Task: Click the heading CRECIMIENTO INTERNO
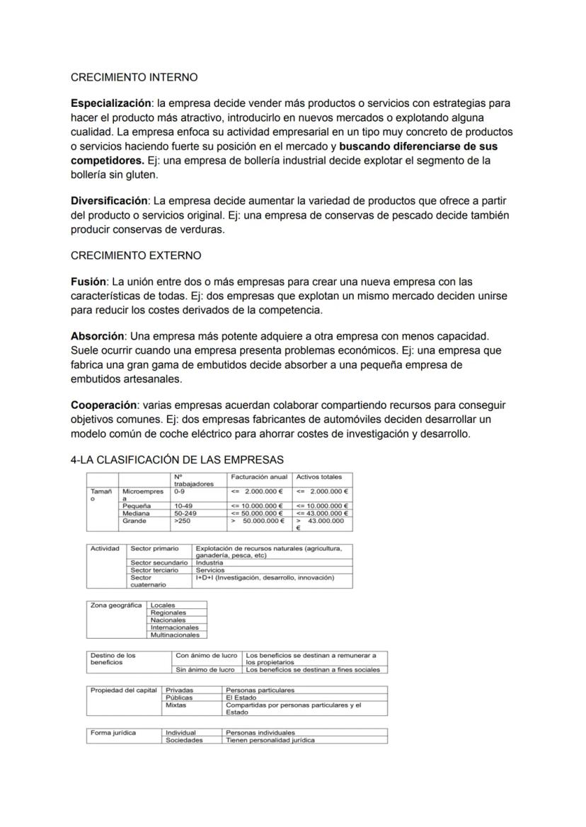(x=134, y=76)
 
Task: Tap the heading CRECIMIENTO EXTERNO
(x=136, y=255)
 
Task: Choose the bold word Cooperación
(x=103, y=405)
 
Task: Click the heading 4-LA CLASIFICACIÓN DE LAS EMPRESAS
(x=177, y=460)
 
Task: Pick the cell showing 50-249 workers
(x=185, y=513)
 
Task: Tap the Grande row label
(x=134, y=521)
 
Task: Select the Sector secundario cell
(x=159, y=562)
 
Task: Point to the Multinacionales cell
(x=175, y=635)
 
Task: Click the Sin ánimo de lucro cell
(x=205, y=669)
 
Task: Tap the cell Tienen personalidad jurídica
(x=270, y=740)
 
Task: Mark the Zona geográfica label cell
(x=116, y=606)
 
